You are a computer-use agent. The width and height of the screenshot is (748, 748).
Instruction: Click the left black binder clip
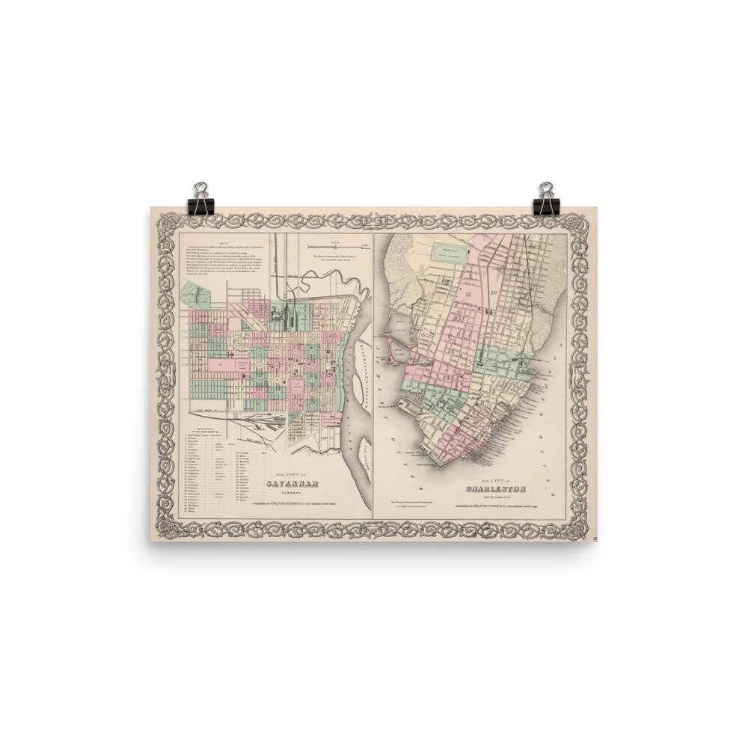[201, 199]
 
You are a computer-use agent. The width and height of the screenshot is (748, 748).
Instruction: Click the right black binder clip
[546, 199]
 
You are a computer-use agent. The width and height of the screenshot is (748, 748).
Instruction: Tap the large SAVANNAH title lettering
[290, 483]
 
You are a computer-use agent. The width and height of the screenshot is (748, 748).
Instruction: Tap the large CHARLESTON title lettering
[496, 489]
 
